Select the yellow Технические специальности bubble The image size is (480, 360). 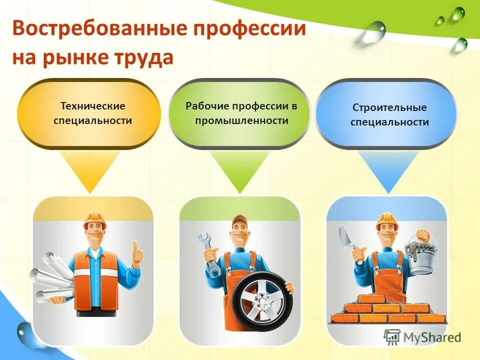(89, 113)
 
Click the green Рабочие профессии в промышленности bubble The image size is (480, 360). (239, 113)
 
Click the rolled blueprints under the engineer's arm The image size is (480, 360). (50, 277)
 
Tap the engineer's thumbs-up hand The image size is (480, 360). (136, 255)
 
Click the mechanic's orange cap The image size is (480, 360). (240, 220)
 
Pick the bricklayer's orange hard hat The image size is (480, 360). (386, 219)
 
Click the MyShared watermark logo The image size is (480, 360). (422, 336)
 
